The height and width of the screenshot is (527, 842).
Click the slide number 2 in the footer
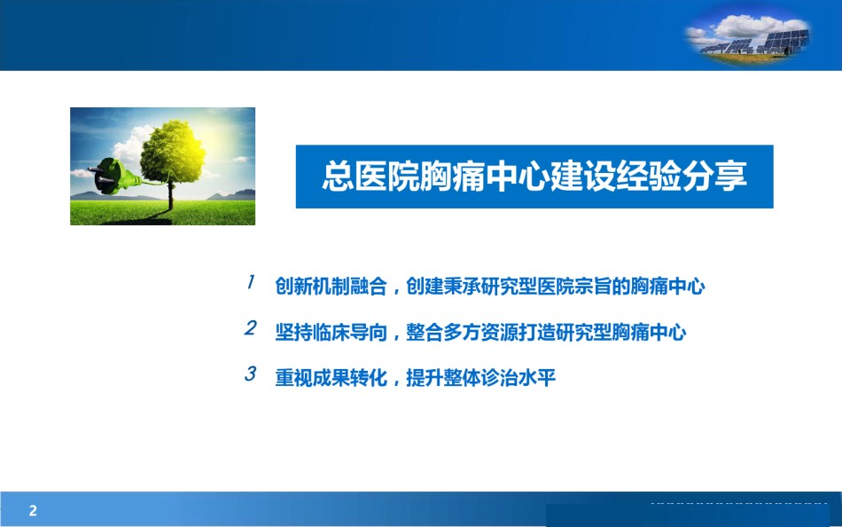(33, 510)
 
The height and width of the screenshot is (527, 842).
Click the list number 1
(250, 282)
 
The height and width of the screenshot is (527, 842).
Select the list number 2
(250, 327)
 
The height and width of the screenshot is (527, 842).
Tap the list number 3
(250, 374)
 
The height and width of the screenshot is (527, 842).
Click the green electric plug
(113, 176)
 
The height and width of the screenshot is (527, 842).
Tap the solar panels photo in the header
(748, 36)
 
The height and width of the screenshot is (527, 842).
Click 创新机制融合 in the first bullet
(331, 286)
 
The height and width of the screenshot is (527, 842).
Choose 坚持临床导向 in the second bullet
(331, 333)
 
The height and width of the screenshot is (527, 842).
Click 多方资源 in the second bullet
(480, 333)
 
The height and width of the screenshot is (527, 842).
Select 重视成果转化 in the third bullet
(331, 378)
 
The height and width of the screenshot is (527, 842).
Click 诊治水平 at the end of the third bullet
(518, 378)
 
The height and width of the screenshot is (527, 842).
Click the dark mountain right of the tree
(232, 194)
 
